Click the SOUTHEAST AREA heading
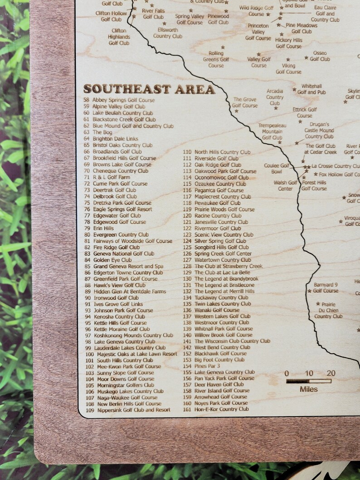point(149,89)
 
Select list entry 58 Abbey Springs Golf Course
point(119,100)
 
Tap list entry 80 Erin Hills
point(98,228)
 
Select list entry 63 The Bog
point(97,132)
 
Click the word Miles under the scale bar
point(309,389)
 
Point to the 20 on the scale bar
point(331,373)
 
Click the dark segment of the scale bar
point(297,381)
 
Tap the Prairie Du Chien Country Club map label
point(328,310)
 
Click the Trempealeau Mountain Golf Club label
point(272,131)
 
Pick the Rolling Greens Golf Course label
point(216,59)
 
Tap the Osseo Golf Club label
point(320,56)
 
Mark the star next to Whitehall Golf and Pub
point(294,90)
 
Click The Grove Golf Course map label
point(244,102)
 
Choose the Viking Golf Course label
point(288,68)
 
